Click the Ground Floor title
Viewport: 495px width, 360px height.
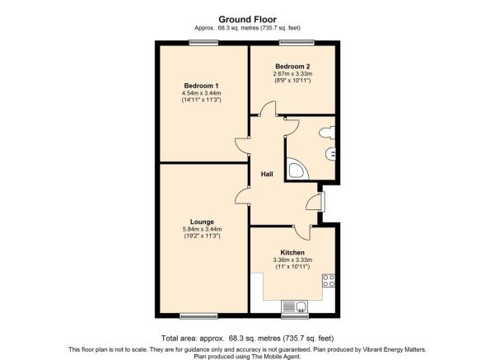click(x=247, y=20)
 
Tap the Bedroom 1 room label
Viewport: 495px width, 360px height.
click(x=202, y=86)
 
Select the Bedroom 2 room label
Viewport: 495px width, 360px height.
click(x=292, y=66)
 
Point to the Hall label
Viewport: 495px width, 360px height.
click(x=267, y=174)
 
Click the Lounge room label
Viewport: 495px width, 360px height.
click(x=202, y=222)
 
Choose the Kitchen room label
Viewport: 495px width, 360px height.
click(x=292, y=253)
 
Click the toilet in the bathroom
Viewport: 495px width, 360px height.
click(x=327, y=133)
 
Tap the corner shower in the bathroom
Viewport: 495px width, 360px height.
click(x=298, y=169)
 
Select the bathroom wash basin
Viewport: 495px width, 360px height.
click(x=330, y=154)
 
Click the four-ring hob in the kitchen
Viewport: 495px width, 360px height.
click(x=329, y=280)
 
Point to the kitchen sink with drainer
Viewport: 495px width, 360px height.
click(x=294, y=306)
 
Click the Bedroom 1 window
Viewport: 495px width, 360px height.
click(x=203, y=43)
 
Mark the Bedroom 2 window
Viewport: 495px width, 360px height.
click(x=297, y=43)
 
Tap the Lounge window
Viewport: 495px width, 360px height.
click(x=198, y=316)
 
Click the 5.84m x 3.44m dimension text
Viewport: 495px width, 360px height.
click(x=202, y=229)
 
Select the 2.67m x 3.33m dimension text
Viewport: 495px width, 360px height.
click(x=292, y=74)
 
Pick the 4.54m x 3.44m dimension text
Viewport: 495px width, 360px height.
click(x=202, y=93)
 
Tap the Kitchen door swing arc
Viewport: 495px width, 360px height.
click(x=302, y=234)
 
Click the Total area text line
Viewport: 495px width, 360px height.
click(x=247, y=339)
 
